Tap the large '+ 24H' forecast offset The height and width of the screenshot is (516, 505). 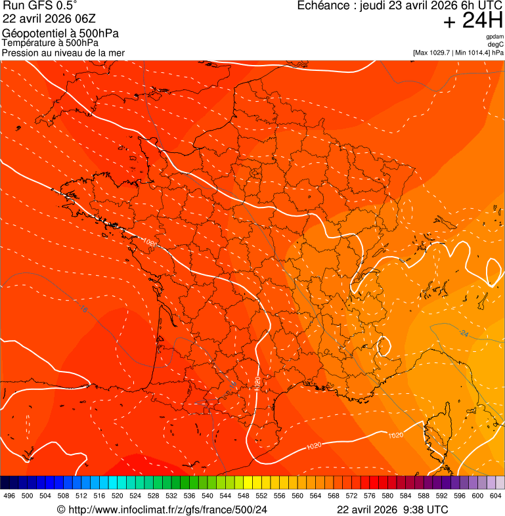[472, 22]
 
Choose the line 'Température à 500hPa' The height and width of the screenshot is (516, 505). [55, 43]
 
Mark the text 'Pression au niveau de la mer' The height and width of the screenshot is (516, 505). [63, 53]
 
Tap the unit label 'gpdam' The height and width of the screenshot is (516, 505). [494, 37]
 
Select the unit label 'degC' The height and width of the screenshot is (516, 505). [496, 45]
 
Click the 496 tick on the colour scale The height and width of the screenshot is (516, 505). [9, 496]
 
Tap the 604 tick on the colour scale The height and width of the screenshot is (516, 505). [496, 496]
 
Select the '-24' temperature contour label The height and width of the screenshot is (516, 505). [464, 334]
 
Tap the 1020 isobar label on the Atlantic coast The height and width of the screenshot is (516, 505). [150, 243]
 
